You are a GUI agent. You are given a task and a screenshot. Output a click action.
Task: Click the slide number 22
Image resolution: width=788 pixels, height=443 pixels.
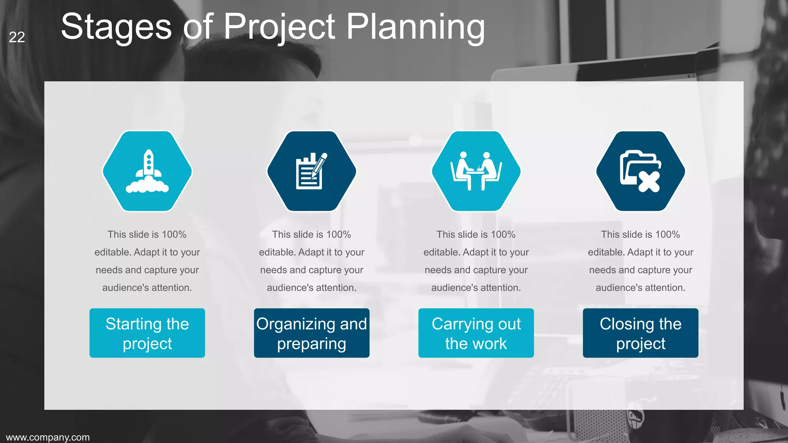pos(17,37)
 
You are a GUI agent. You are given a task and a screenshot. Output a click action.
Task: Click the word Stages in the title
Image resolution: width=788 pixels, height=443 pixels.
pos(116,27)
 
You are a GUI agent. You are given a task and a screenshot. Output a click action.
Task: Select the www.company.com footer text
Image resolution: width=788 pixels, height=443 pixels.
pos(48,437)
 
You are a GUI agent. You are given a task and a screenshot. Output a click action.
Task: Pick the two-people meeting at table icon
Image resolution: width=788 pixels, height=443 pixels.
pos(476,171)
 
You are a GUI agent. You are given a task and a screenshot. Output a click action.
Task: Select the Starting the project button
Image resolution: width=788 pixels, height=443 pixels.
pos(147,333)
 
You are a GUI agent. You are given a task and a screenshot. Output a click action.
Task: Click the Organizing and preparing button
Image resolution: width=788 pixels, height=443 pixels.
pos(311,333)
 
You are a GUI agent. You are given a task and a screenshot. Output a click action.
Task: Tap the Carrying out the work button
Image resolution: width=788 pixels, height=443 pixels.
pos(476,333)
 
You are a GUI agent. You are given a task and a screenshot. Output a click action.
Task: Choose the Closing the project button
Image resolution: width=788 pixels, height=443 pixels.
pos(640,333)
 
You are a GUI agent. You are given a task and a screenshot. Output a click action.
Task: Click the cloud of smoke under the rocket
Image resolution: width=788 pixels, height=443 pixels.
pos(147,186)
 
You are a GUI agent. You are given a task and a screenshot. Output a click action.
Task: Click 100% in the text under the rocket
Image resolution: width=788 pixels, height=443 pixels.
pos(174,235)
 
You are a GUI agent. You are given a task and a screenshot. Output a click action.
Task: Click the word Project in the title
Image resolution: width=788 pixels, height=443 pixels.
pos(279,27)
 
